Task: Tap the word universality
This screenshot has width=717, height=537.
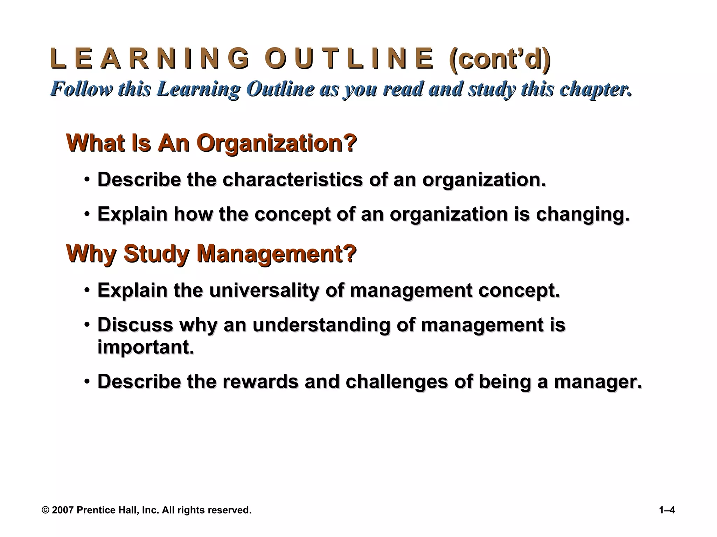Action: [264, 290]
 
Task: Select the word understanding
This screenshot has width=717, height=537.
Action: [321, 325]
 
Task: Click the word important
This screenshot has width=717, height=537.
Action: [145, 347]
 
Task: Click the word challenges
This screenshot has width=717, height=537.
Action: [397, 381]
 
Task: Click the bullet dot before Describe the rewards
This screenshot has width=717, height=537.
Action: [86, 381]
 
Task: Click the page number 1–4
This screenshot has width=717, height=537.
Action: [667, 510]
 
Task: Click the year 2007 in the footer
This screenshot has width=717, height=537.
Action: [63, 510]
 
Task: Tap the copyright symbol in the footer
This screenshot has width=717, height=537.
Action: [45, 510]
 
